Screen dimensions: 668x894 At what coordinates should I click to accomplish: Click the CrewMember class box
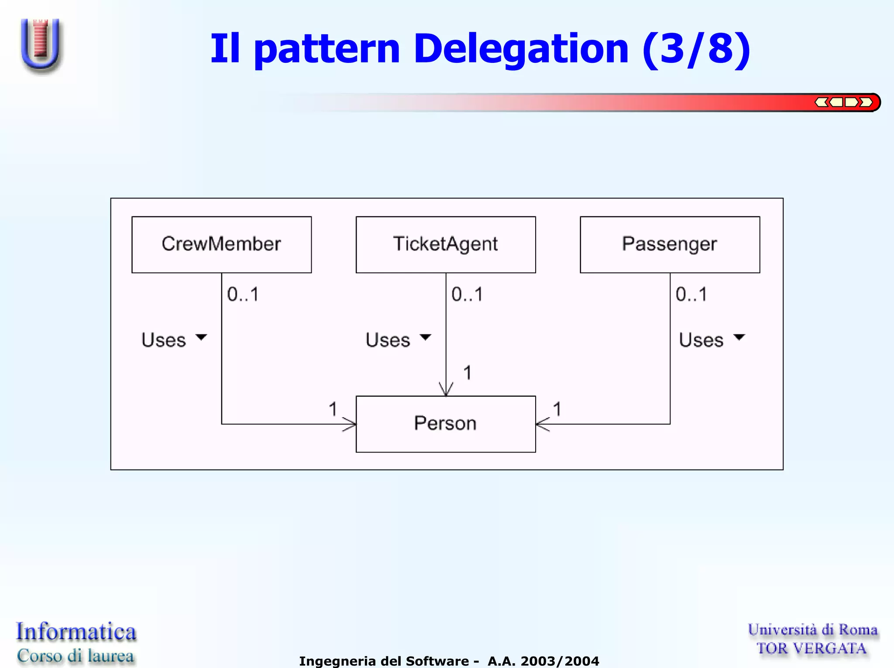221,244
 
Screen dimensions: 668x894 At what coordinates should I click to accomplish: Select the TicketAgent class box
446,244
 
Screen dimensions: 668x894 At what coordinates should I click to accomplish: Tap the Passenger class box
670,244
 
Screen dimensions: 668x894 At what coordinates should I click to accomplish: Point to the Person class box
446,424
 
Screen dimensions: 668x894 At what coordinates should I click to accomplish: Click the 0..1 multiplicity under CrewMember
243,295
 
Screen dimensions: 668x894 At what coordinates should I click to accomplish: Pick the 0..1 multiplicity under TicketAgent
467,295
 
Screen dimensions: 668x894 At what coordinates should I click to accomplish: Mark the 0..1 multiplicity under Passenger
691,295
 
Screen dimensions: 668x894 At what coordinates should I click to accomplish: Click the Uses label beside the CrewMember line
164,340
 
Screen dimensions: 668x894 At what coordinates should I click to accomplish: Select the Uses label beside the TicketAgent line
388,340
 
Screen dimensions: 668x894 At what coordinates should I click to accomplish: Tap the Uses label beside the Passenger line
701,340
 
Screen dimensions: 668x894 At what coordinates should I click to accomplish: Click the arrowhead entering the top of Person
446,390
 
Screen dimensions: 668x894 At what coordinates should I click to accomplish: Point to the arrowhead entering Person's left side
350,424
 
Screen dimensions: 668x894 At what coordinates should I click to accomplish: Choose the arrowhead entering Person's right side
543,424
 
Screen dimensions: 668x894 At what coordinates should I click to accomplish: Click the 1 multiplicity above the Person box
468,373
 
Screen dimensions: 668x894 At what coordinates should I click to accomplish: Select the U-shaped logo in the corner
41,44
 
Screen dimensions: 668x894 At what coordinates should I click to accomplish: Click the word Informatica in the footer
76,632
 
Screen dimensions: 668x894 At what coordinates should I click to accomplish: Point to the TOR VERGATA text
811,648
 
